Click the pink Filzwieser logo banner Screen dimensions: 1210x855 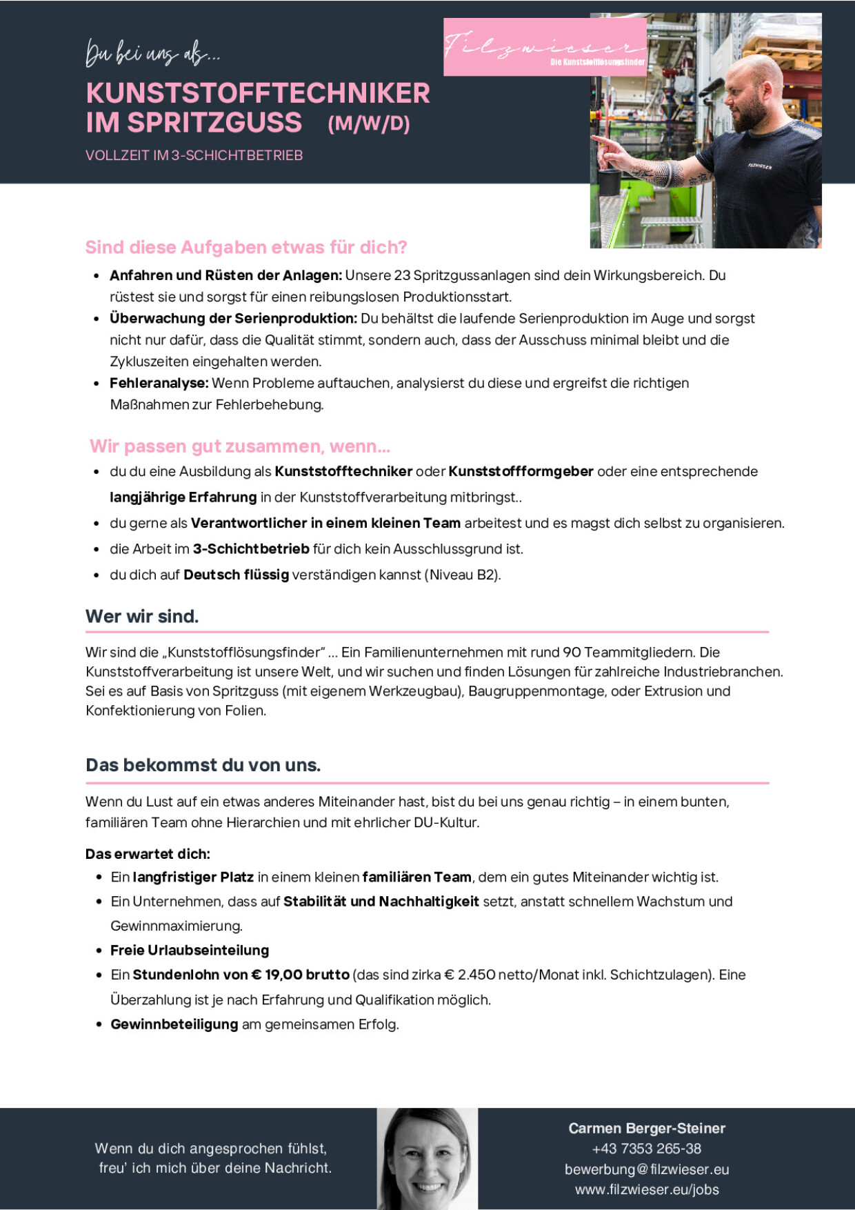[545, 47]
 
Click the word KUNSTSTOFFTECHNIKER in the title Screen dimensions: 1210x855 [258, 93]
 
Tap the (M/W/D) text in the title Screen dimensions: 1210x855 [369, 124]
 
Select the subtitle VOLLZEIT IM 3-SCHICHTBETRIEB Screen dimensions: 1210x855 [194, 155]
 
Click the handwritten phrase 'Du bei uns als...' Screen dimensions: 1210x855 [152, 54]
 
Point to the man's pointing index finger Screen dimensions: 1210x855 [598, 140]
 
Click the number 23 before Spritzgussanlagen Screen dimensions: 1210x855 [402, 275]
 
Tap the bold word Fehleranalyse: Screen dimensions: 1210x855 [159, 383]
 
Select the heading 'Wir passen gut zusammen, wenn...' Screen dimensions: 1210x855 [240, 446]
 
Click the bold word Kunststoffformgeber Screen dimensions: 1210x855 [521, 472]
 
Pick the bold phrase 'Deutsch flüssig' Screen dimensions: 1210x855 [236, 575]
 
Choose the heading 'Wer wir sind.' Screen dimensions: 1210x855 [142, 616]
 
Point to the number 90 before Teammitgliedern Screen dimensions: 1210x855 [572, 652]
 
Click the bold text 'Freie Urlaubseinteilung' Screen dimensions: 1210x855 [190, 950]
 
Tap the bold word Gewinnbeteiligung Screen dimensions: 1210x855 [174, 1024]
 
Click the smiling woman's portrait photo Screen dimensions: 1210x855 [427, 1158]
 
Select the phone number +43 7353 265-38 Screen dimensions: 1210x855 [646, 1149]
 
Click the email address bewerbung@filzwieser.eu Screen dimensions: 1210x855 [646, 1169]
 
